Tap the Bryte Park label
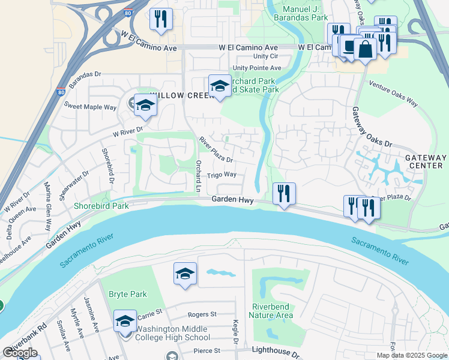[x=127, y=294]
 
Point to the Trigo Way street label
[x=221, y=175]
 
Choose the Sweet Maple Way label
[x=90, y=106]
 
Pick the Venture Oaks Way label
[x=393, y=94]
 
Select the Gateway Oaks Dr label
[x=372, y=128]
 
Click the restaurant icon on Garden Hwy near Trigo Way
[x=283, y=194]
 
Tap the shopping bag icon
[x=365, y=50]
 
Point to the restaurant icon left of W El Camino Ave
[x=160, y=19]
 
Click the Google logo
[x=20, y=352]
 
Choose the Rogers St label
[x=202, y=314]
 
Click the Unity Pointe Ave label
[x=257, y=68]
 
